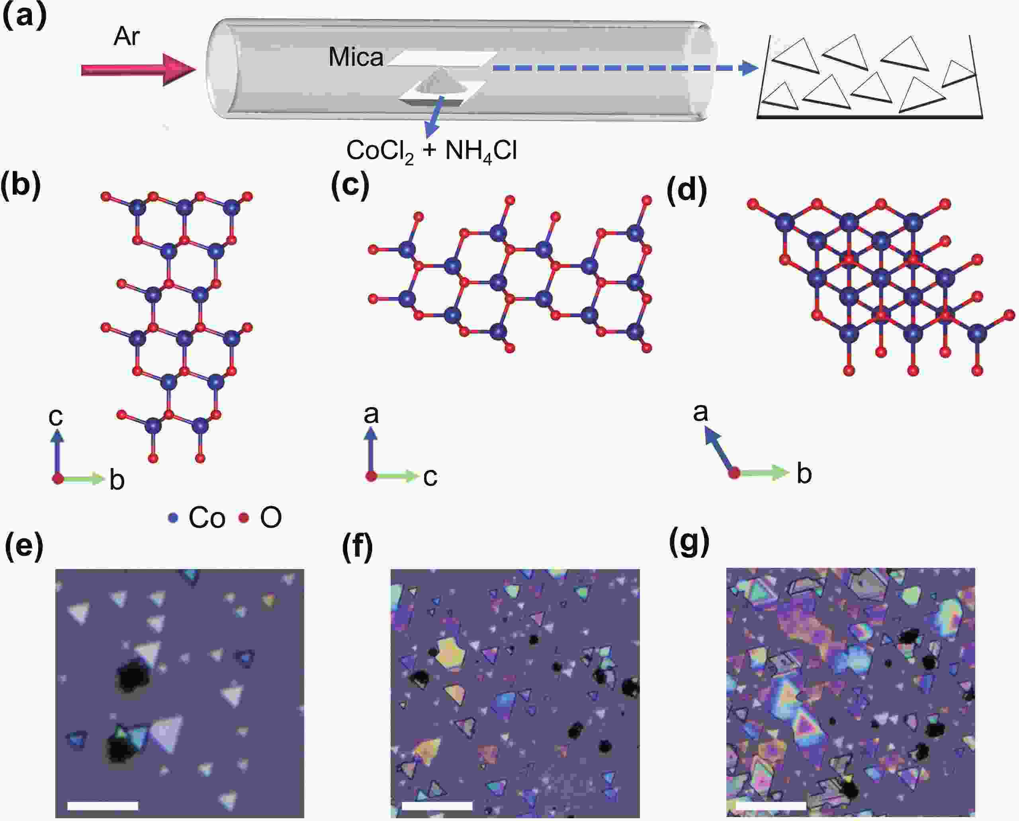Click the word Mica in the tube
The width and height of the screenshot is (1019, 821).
pos(356,57)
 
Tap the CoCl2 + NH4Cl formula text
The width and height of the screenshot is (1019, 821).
pos(431,152)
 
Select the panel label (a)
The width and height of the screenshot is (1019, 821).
pos(25,18)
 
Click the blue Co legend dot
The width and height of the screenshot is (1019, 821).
pos(173,518)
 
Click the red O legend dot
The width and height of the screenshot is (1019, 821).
pos(244,518)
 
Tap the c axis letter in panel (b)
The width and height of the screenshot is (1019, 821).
pos(56,416)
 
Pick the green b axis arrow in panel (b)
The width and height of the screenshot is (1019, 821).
pos(81,479)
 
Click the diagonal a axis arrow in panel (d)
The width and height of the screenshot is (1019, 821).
pos(719,449)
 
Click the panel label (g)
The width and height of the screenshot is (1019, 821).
pos(689,542)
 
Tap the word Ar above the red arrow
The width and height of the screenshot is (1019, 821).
pos(126,37)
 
